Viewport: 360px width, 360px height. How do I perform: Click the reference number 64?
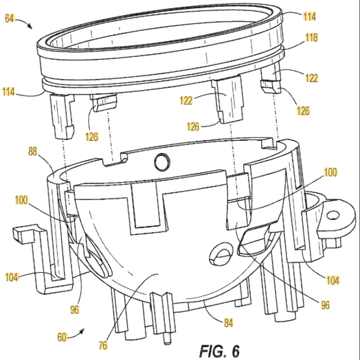pos(10,19)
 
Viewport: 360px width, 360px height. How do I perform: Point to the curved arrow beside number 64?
pos(24,23)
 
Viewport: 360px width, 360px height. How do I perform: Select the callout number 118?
pos(311,38)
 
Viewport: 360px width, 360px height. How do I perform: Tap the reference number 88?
pos(32,152)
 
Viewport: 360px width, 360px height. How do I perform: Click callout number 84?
pos(229,323)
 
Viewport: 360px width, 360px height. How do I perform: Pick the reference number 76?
pos(103,345)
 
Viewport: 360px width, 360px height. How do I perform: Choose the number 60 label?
pos(62,337)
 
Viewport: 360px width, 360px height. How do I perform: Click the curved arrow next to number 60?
pos(76,333)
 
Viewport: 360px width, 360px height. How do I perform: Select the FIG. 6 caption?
pos(219,351)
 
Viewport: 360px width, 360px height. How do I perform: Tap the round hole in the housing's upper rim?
pos(162,162)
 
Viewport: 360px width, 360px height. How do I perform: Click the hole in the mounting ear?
pos(333,215)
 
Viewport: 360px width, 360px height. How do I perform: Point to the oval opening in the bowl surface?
pos(221,254)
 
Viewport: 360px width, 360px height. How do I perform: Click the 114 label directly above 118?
pos(309,16)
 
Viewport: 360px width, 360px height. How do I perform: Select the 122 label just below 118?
pos(311,78)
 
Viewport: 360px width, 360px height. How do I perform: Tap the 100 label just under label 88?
pos(21,200)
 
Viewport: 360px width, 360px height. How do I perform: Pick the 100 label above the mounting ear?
pos(330,172)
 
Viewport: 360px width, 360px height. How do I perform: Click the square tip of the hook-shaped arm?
pos(18,234)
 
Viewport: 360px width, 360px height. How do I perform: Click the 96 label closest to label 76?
pos(75,310)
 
